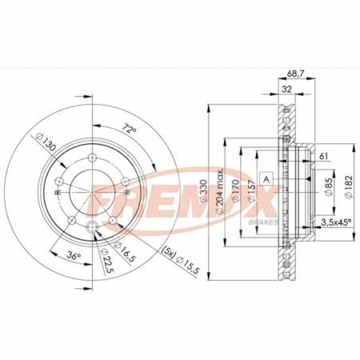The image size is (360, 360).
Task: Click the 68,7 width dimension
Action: tap(296, 74)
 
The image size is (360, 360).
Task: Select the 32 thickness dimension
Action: tap(286, 89)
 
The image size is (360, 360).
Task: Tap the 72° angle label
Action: tap(129, 129)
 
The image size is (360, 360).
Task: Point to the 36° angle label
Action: tap(74, 256)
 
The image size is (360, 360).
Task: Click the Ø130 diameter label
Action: tap(45, 142)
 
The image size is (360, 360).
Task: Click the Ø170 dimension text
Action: tap(235, 191)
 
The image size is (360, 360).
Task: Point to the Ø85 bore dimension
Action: tap(330, 186)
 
